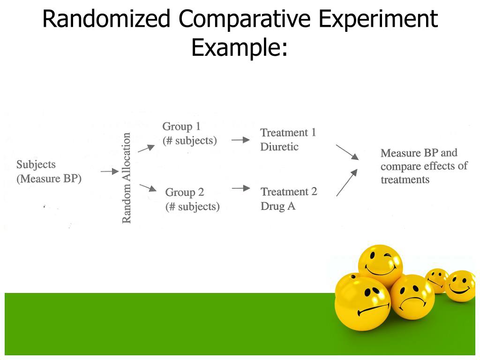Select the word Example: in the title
(240, 47)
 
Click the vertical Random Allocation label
(127, 178)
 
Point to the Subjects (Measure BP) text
(49, 172)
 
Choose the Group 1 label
(181, 127)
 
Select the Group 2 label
(185, 192)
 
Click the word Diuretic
(279, 147)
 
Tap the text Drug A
(278, 206)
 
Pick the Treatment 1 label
(288, 133)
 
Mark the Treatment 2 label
(289, 192)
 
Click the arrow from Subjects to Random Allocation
(109, 172)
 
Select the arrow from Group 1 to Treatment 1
(240, 140)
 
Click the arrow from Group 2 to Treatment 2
(241, 188)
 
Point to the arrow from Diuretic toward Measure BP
(347, 152)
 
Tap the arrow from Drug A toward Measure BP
(347, 182)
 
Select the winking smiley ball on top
(380, 264)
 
